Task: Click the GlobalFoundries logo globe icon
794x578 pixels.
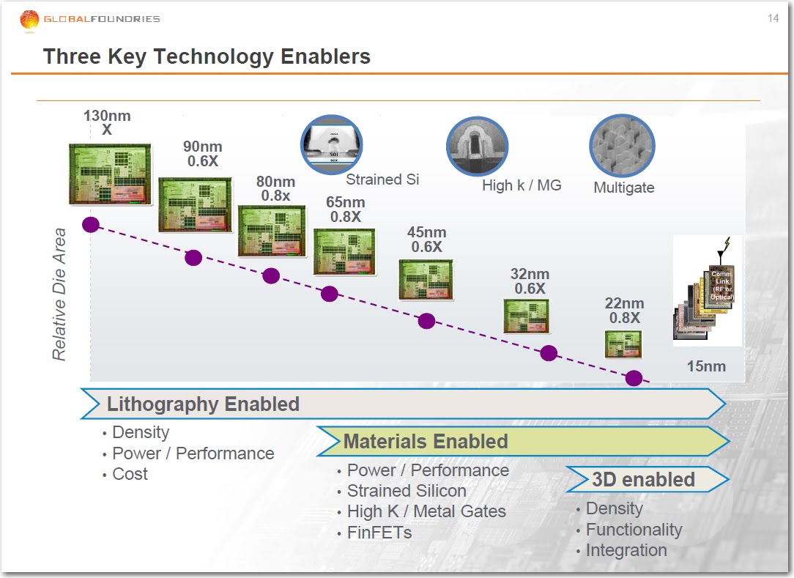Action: [x=29, y=20]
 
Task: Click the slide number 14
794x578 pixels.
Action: [x=773, y=18]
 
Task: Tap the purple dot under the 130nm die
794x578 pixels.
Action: [x=91, y=224]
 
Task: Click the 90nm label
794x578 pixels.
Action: [x=203, y=147]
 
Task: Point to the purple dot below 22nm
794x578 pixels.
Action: [x=634, y=378]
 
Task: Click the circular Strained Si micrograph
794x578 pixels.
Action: [x=332, y=145]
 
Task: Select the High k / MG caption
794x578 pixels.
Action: [x=522, y=185]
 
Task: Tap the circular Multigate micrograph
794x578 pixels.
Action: [x=622, y=146]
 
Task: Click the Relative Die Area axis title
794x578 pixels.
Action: [x=59, y=294]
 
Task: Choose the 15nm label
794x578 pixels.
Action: [x=706, y=366]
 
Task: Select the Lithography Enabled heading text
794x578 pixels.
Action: [x=203, y=404]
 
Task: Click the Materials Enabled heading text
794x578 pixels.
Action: [x=426, y=441]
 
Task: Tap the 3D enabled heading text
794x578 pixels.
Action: [x=643, y=480]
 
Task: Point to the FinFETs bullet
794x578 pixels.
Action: [x=379, y=533]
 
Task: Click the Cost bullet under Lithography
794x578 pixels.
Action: [x=130, y=474]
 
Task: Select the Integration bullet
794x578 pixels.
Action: [x=626, y=550]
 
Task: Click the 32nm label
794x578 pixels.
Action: [x=530, y=274]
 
